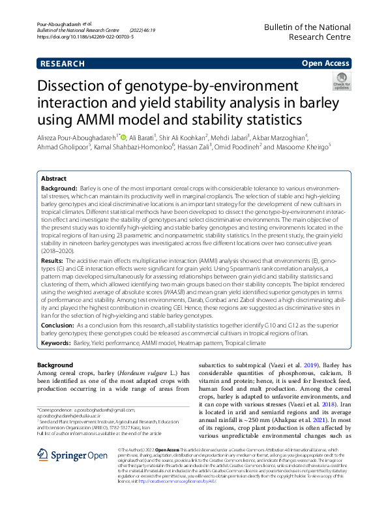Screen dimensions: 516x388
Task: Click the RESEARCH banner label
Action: coord(62,64)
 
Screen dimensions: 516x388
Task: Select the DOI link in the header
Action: coord(85,38)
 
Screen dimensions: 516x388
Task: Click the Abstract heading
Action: coord(53,178)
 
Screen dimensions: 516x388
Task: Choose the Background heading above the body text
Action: coord(55,365)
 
